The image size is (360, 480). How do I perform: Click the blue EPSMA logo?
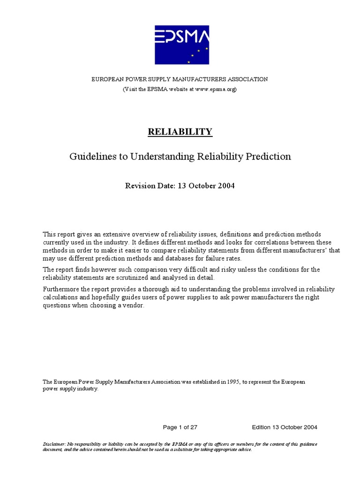coord(182,45)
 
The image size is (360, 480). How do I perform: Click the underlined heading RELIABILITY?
coord(180,132)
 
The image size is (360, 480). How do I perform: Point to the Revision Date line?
coord(180,186)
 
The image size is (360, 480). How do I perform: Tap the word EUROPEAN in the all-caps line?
coord(108,79)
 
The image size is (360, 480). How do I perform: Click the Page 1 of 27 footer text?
coord(182,427)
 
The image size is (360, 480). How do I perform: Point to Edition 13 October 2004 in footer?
coord(285,427)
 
